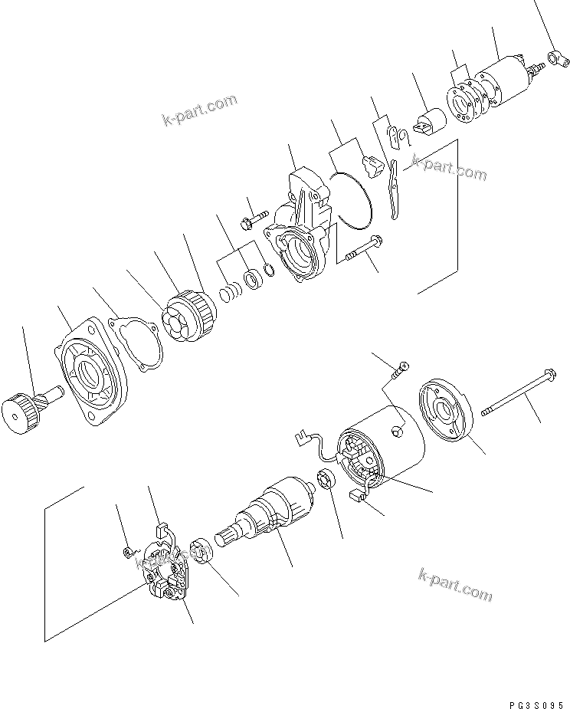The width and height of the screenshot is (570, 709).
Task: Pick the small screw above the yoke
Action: tap(398, 370)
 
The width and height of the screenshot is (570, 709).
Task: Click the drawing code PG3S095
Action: tap(536, 700)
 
